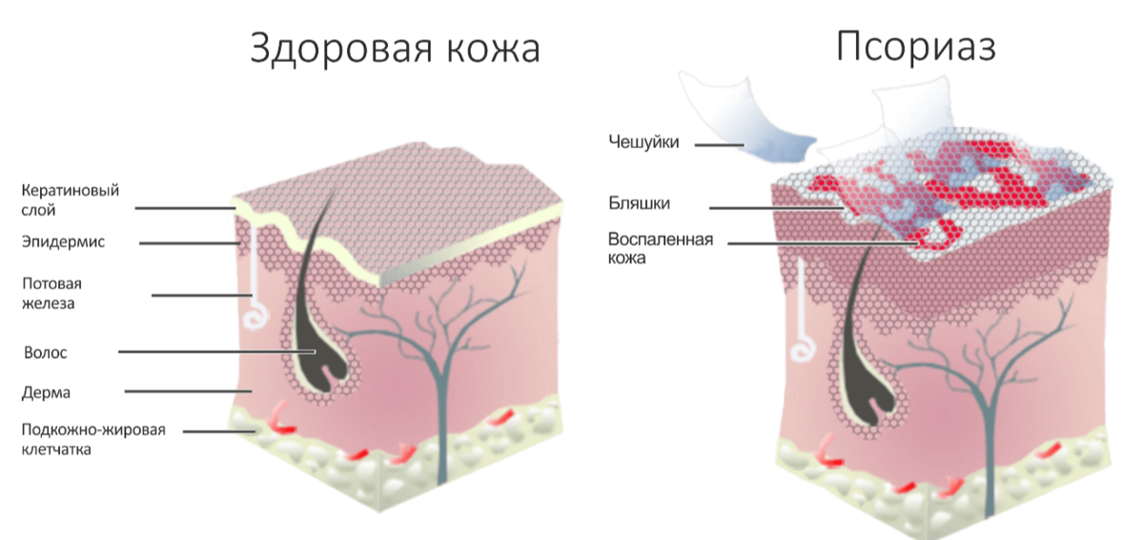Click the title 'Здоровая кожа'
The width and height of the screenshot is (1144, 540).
coord(394,49)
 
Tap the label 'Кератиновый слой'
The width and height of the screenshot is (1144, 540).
coord(71,199)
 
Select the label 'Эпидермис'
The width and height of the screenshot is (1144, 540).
coord(63,242)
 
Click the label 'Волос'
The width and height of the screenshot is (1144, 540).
coord(46,352)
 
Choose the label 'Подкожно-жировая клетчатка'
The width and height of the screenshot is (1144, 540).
coord(93,439)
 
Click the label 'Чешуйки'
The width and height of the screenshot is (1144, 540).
coord(644,142)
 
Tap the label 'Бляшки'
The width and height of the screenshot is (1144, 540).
coord(639,203)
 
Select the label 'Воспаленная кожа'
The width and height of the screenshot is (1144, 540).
coord(661,248)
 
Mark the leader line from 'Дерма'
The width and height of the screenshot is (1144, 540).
coord(186,391)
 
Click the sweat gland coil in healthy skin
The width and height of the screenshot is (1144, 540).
coord(255,317)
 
